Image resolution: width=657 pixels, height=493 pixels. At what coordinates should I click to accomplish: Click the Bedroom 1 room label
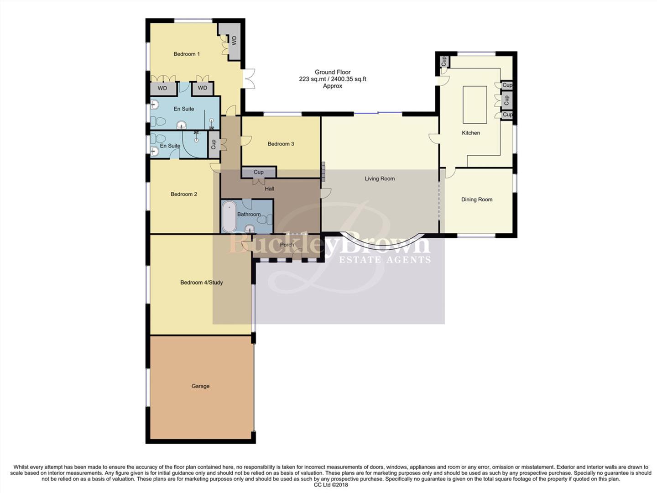(x=187, y=54)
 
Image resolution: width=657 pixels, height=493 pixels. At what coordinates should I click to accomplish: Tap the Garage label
(x=200, y=386)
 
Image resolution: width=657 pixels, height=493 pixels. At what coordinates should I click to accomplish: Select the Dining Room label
(x=477, y=199)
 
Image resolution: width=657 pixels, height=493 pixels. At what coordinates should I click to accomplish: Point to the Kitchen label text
(x=471, y=133)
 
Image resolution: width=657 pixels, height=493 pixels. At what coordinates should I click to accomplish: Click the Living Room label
(x=380, y=178)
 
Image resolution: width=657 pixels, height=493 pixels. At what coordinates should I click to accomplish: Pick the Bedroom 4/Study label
(x=201, y=283)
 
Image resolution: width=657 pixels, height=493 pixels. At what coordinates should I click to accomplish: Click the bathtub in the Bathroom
(x=229, y=217)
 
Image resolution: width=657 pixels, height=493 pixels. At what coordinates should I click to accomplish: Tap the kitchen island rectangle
(x=474, y=105)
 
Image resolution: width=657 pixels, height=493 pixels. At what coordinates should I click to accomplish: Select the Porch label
(x=287, y=245)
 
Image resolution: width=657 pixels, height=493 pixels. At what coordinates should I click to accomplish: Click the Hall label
(x=269, y=189)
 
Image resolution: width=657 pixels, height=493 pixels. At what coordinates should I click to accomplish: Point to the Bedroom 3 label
(x=281, y=144)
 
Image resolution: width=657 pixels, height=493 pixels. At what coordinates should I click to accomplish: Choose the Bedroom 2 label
(x=184, y=194)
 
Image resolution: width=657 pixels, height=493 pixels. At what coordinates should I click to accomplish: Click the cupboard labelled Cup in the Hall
(x=259, y=172)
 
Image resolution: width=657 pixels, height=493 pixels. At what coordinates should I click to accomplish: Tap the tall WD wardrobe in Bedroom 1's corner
(x=234, y=41)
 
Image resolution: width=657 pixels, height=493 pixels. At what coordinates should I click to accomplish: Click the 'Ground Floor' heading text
(x=332, y=72)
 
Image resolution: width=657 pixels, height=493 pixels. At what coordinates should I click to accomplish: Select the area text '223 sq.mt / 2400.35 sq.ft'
(x=332, y=79)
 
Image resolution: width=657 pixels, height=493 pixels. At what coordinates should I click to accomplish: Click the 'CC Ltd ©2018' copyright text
(x=331, y=485)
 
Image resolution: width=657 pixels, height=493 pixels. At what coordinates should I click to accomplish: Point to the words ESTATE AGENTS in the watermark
(x=385, y=260)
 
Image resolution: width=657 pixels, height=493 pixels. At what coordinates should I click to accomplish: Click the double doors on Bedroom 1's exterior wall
(x=249, y=79)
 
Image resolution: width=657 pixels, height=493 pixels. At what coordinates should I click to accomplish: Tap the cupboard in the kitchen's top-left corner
(x=443, y=61)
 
